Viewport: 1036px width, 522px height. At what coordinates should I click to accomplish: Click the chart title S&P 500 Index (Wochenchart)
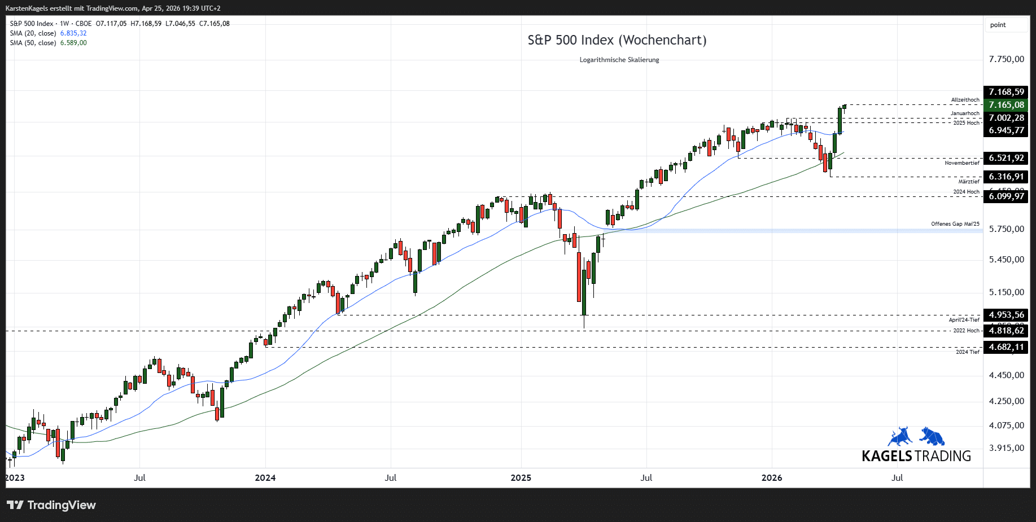[617, 40]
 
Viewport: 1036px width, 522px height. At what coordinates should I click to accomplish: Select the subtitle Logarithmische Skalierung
[619, 60]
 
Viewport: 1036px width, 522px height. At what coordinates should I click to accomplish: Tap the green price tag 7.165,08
[1006, 105]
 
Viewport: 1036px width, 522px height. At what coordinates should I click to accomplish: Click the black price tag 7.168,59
[1006, 92]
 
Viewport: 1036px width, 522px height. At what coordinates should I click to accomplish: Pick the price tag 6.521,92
[1006, 158]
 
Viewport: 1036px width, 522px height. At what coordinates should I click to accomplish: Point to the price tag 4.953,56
[1006, 315]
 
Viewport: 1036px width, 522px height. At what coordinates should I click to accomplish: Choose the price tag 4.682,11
[1006, 347]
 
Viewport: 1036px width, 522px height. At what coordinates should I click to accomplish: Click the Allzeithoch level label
[965, 100]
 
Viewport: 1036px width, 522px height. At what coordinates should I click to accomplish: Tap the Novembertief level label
[961, 163]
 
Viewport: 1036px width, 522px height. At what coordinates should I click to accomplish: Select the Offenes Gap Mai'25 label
[955, 224]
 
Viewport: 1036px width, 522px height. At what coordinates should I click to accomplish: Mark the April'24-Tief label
[964, 320]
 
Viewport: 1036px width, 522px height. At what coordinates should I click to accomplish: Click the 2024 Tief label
[967, 352]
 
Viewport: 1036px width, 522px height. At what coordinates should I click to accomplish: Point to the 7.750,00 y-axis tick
[1006, 59]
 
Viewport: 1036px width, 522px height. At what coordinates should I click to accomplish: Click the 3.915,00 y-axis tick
[1006, 448]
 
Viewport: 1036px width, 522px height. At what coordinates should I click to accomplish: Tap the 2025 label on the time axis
[521, 478]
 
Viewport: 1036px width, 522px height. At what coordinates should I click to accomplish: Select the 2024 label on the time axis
[265, 478]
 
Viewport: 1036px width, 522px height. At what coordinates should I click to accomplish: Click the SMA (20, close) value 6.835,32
[73, 33]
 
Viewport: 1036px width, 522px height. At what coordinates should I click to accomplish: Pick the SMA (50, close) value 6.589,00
[73, 43]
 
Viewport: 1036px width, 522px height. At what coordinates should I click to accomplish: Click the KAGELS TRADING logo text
[916, 456]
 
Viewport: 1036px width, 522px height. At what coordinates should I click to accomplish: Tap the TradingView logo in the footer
[51, 505]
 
